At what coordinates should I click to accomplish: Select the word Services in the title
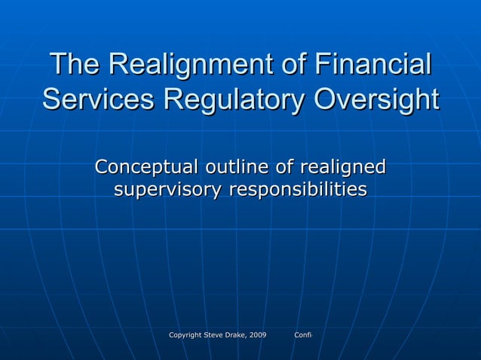pos(90,100)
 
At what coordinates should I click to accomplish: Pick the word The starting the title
pos(75,65)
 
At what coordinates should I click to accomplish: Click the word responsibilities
pos(298,190)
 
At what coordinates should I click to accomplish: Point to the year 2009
pos(259,334)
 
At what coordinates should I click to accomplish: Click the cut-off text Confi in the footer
pos(303,334)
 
